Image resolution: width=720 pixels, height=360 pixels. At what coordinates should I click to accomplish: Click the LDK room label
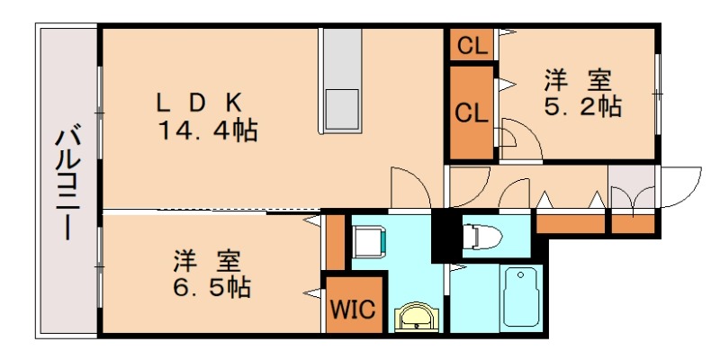point(199,103)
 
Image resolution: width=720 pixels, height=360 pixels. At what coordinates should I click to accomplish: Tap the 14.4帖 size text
point(208,130)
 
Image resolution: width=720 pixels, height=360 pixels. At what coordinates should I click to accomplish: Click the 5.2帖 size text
point(582,107)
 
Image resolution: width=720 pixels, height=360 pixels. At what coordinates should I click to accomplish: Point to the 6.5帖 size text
point(211,288)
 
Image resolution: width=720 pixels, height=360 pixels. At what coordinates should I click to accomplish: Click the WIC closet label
point(353,310)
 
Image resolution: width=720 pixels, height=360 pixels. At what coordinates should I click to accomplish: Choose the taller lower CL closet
point(472,112)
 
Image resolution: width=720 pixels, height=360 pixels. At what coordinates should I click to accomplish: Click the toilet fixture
point(481,237)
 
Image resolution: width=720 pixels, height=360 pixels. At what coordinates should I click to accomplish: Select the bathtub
point(521,297)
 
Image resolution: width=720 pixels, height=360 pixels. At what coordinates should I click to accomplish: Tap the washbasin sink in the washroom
point(417,317)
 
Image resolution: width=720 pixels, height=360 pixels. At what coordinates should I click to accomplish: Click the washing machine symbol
point(371,240)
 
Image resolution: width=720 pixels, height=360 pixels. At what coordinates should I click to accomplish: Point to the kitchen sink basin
point(342,108)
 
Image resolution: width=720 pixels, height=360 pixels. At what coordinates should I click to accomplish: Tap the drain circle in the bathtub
point(520,275)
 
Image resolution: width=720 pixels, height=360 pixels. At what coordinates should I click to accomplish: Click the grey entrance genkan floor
point(632,187)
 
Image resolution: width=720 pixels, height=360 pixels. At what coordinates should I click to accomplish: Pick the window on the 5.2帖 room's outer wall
point(658,94)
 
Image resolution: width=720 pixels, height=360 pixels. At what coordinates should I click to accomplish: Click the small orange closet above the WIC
point(335,242)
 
